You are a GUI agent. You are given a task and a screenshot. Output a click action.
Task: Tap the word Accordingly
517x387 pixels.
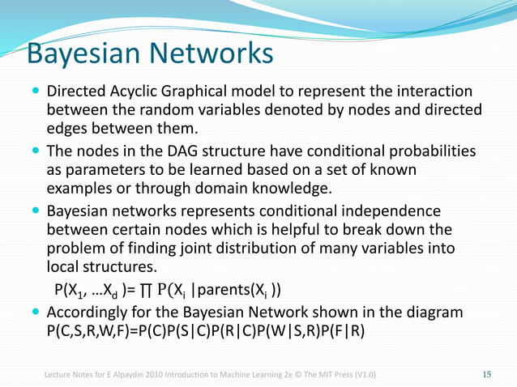pyautogui.click(x=90, y=312)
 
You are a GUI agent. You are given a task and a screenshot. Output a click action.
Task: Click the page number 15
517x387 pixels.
pyautogui.click(x=487, y=374)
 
